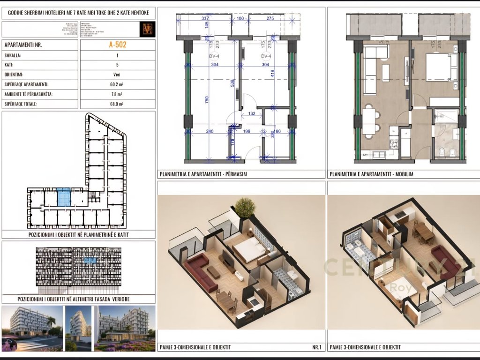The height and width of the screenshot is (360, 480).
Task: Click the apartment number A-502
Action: pyautogui.click(x=117, y=45)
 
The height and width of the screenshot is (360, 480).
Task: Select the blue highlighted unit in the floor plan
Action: pyautogui.click(x=63, y=197)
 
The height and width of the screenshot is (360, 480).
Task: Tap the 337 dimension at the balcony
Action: pyautogui.click(x=205, y=19)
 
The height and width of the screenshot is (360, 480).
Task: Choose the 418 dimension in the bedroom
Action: pyautogui.click(x=272, y=73)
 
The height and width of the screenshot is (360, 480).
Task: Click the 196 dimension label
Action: pyautogui.click(x=247, y=132)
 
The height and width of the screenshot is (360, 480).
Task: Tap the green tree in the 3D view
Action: pyautogui.click(x=245, y=207)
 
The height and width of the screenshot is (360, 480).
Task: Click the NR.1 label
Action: pyautogui.click(x=317, y=347)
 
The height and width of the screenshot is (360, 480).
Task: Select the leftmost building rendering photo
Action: pyautogui.click(x=32, y=328)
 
